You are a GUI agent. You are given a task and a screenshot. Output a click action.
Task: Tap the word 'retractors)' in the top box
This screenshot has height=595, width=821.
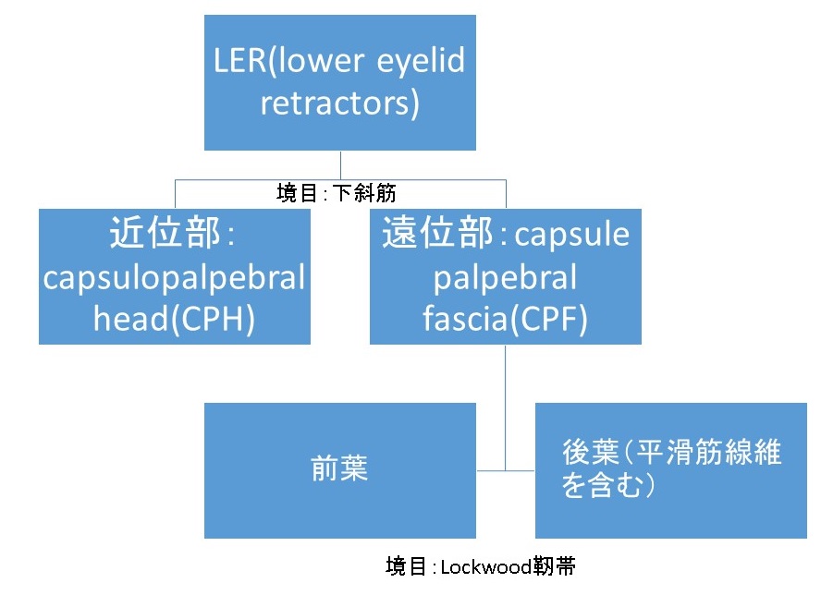click(339, 103)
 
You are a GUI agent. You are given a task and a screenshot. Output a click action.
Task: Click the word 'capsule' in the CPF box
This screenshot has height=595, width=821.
click(571, 236)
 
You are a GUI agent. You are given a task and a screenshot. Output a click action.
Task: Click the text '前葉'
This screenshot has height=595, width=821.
click(339, 468)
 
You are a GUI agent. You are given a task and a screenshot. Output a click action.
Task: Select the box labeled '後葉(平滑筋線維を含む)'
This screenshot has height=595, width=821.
click(670, 470)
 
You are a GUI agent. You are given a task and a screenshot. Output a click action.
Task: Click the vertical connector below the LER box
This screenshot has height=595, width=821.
click(340, 164)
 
